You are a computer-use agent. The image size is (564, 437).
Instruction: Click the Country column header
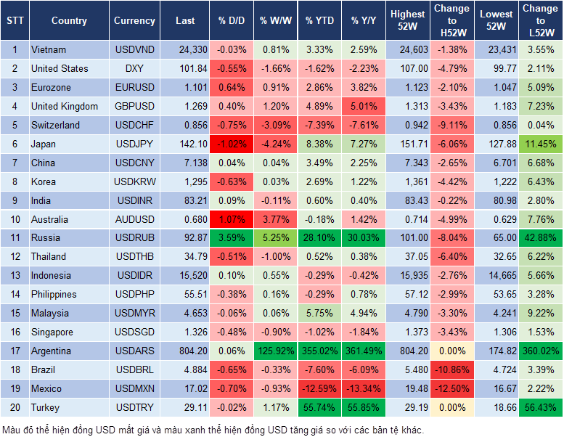69,21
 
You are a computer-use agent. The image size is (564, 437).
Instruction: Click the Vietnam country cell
49,49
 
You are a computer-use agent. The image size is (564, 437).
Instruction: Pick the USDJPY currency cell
134,144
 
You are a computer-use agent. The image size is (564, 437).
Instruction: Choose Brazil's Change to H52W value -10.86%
451,369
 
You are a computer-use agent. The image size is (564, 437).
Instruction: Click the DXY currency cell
134,68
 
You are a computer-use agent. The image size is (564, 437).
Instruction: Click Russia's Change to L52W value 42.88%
541,237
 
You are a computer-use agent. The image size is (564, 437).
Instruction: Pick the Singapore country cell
52,332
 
